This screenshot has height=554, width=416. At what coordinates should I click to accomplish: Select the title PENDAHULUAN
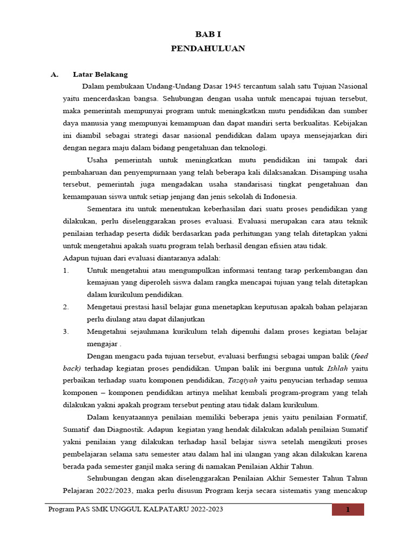point(207,49)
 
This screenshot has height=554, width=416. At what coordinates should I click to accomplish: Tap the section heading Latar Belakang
point(100,75)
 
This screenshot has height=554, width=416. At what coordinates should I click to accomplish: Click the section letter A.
point(54,75)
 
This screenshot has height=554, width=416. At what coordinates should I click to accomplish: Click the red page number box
point(348,510)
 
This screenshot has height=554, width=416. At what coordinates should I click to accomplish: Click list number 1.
point(66,270)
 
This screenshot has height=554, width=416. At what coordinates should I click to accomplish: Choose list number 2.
point(66,307)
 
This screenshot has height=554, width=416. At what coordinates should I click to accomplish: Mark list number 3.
point(66,331)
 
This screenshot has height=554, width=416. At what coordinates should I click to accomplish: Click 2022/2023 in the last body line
point(115,491)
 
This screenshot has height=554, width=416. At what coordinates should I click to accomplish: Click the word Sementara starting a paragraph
point(106,209)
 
